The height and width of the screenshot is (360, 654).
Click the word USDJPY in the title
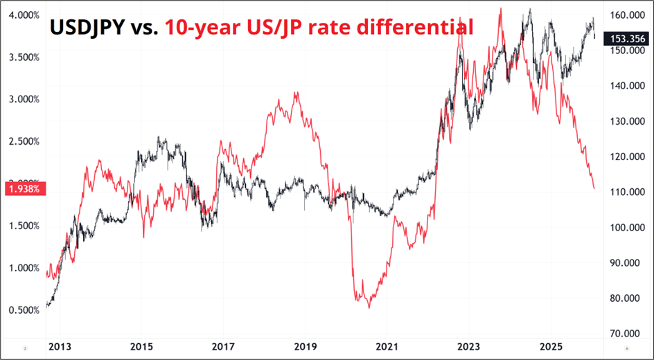(86, 28)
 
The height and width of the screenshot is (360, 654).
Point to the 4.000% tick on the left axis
(23, 15)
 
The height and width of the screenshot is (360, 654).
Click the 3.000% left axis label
(23, 99)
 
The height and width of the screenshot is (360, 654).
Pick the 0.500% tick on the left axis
(23, 310)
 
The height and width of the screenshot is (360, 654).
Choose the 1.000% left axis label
(23, 268)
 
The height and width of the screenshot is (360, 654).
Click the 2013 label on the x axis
(59, 345)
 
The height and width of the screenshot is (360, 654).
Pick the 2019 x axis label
(305, 345)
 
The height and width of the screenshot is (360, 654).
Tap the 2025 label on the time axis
(551, 345)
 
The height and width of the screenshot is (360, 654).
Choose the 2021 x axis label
(387, 345)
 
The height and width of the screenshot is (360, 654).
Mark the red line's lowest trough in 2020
(369, 307)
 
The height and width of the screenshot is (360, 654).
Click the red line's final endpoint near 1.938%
(594, 188)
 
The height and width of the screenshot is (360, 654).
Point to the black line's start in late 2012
(46, 305)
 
